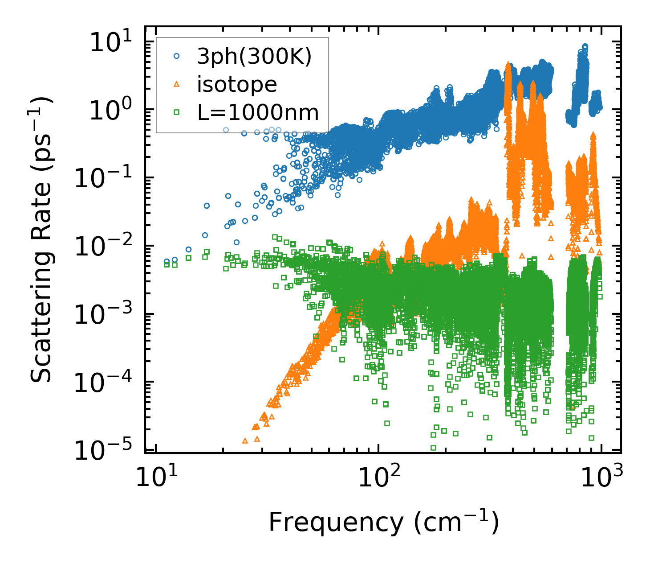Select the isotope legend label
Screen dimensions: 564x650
(237, 84)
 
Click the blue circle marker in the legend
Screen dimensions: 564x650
(177, 56)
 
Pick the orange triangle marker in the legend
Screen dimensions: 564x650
(177, 84)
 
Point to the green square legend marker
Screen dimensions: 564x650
(177, 112)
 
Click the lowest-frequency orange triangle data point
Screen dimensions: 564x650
(245, 440)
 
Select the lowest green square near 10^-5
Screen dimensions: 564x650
(433, 448)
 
